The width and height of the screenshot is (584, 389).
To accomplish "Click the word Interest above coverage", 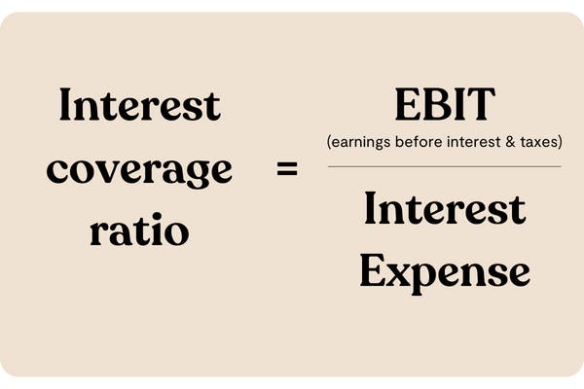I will [x=139, y=105].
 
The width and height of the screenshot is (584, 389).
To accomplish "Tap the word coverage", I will [x=140, y=170].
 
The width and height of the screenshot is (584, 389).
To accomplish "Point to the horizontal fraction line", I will [x=444, y=166].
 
